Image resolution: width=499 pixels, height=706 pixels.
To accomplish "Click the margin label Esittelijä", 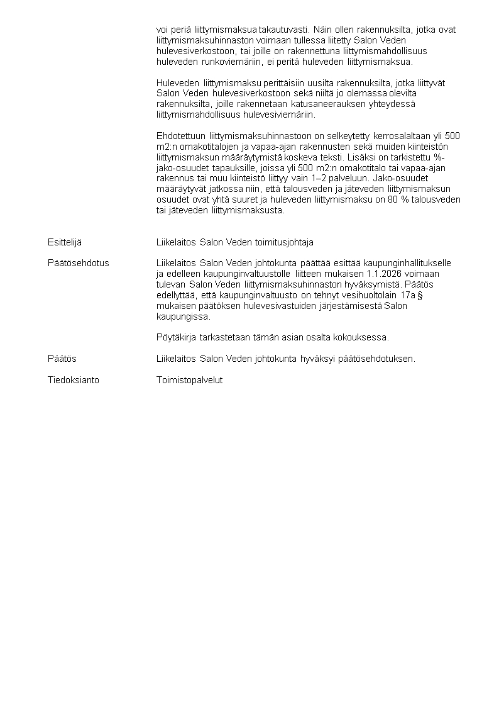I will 65,242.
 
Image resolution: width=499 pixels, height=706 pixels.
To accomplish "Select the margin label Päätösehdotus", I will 78,263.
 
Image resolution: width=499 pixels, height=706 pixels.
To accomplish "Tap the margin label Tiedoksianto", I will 73,380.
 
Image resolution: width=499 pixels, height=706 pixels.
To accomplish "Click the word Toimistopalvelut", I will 189,380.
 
